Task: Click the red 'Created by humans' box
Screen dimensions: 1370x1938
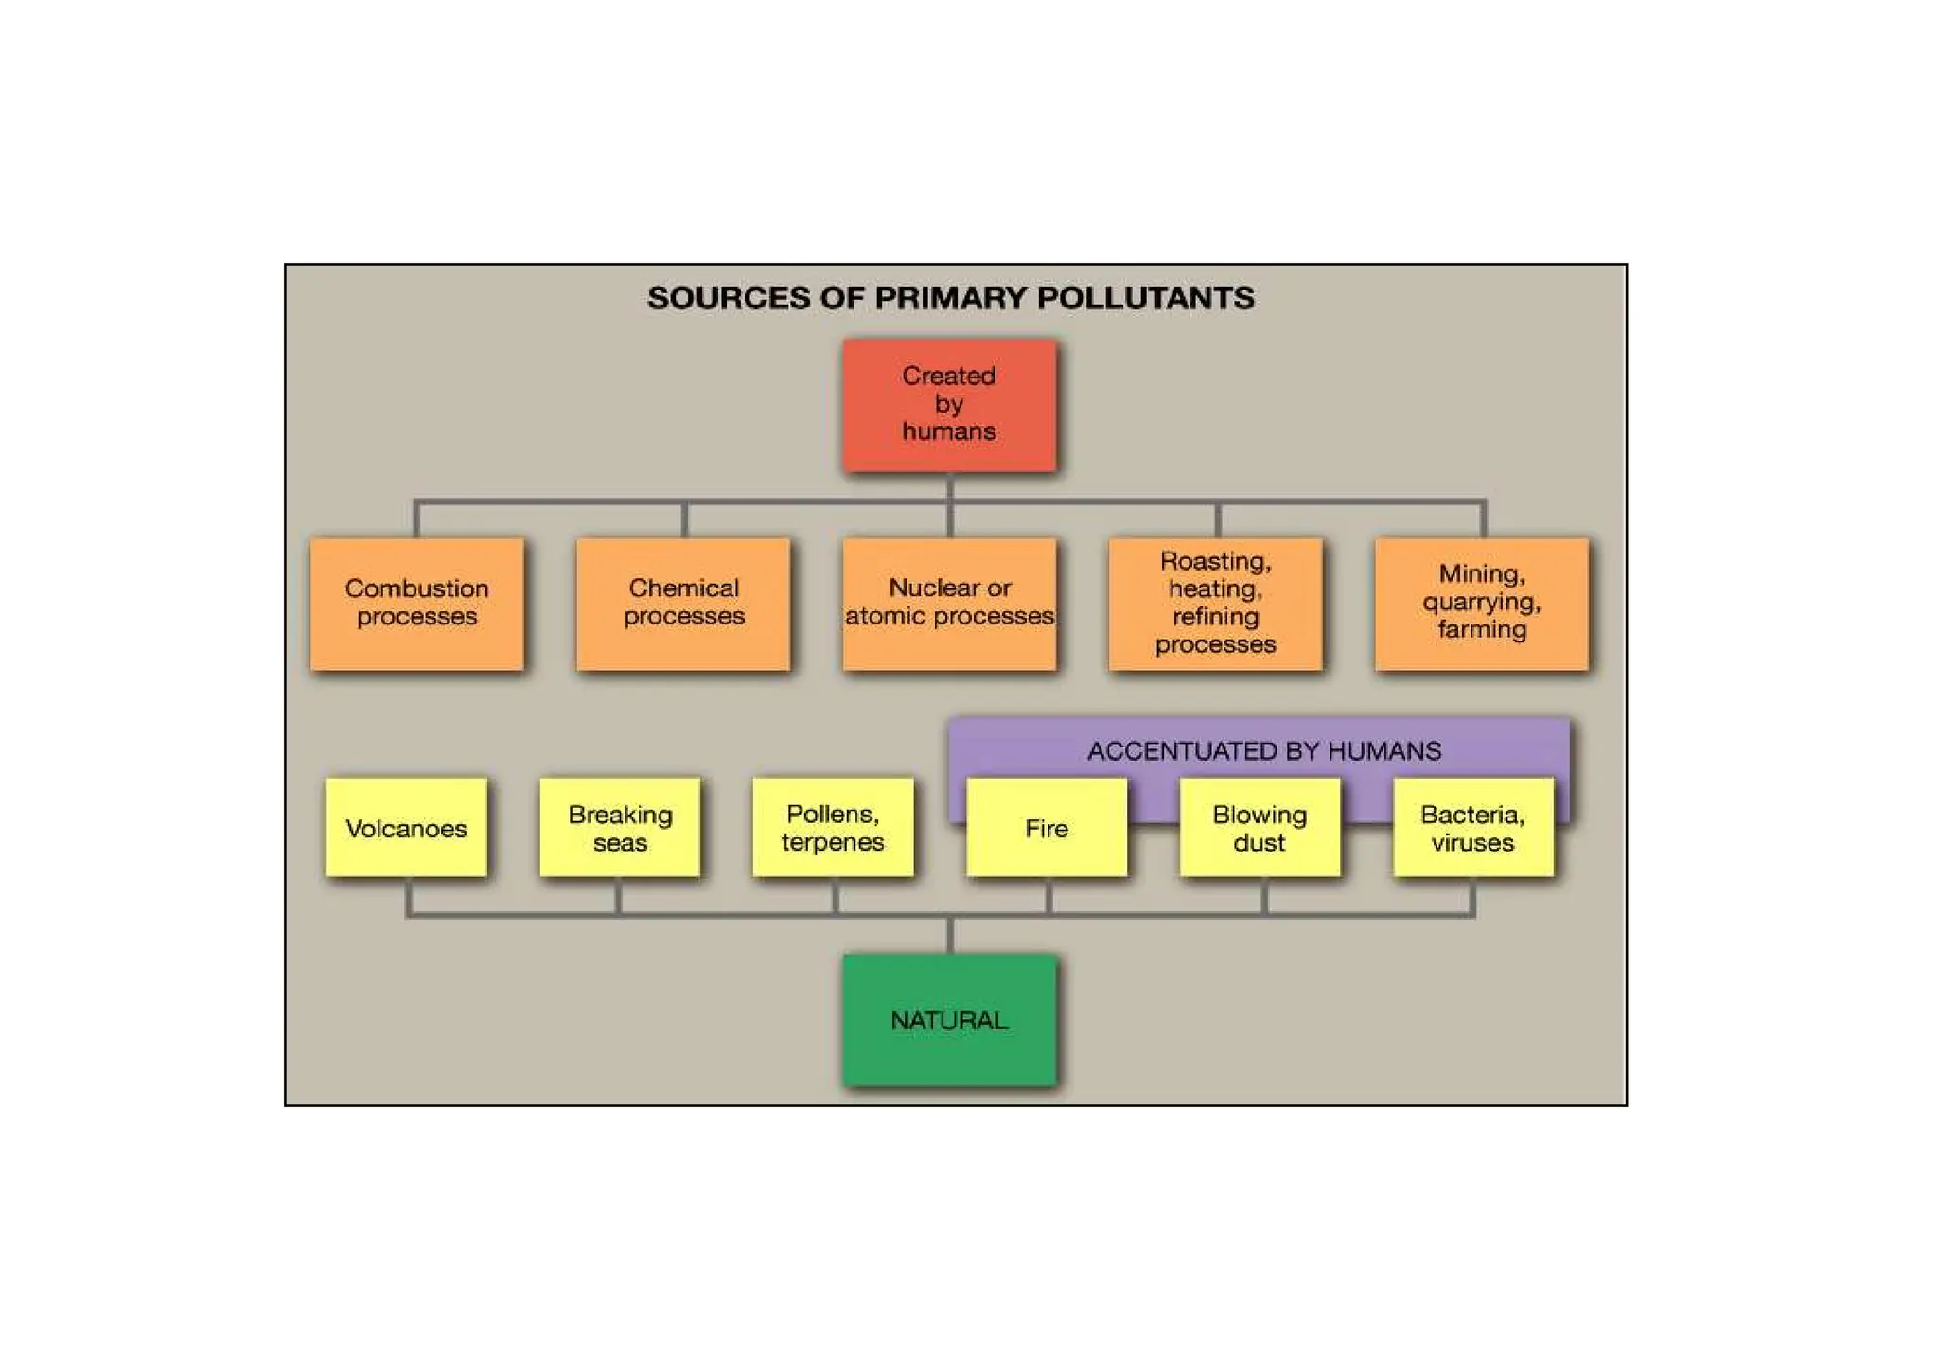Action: [949, 405]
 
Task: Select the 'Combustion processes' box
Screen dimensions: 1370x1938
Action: [416, 604]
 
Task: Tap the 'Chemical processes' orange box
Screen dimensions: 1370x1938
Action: [683, 604]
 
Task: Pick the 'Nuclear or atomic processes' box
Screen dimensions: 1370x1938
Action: [949, 604]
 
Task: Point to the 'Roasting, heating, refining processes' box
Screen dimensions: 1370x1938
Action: [1216, 604]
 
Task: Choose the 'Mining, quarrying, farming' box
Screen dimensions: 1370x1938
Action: [1482, 604]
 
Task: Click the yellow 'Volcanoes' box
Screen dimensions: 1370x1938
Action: [406, 828]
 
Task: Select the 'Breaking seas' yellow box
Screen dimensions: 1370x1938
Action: [620, 828]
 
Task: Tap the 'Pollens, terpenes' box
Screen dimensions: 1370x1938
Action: [833, 828]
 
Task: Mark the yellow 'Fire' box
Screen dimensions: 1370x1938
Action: [1047, 828]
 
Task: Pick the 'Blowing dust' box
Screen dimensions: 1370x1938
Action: [1260, 828]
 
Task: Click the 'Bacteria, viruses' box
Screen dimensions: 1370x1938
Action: [1473, 828]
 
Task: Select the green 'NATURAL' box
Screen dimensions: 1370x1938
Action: [949, 1020]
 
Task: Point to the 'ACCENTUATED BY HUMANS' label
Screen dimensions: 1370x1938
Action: [1264, 751]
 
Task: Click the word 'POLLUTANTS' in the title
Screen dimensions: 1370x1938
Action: [1146, 298]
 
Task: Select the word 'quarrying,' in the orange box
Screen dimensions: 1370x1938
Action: [1482, 603]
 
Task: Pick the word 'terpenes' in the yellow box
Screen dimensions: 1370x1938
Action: [833, 842]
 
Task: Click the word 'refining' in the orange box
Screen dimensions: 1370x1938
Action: [1216, 617]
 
